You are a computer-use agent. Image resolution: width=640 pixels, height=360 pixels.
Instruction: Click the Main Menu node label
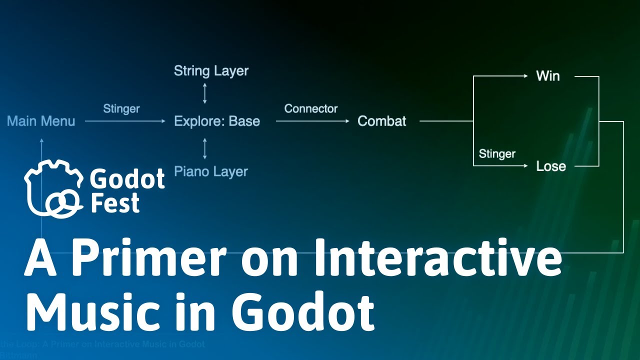[41, 121]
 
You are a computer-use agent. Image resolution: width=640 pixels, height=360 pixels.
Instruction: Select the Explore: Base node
[217, 121]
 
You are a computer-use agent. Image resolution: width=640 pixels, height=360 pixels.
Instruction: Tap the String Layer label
[211, 71]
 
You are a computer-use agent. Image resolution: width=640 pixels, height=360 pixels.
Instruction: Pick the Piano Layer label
[211, 171]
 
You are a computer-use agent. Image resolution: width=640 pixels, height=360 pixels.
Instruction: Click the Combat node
[382, 121]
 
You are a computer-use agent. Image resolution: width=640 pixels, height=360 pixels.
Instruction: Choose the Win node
[548, 76]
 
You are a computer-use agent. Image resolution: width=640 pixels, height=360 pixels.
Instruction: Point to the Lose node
[551, 166]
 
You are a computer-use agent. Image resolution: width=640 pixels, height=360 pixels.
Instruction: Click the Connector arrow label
[311, 108]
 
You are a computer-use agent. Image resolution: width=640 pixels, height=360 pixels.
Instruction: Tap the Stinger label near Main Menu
[121, 108]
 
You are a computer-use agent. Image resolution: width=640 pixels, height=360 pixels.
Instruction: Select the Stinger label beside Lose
[497, 153]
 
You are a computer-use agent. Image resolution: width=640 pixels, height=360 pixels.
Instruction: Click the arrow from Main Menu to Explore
[125, 121]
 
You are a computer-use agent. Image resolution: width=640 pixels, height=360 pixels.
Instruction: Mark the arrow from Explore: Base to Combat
[312, 121]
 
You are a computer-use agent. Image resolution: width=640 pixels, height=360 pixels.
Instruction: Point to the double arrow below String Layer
[204, 94]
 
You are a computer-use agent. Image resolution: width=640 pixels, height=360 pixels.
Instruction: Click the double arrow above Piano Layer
[204, 148]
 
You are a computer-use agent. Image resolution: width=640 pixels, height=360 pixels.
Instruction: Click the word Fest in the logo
[115, 203]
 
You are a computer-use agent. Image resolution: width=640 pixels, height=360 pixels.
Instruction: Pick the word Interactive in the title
[437, 258]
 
